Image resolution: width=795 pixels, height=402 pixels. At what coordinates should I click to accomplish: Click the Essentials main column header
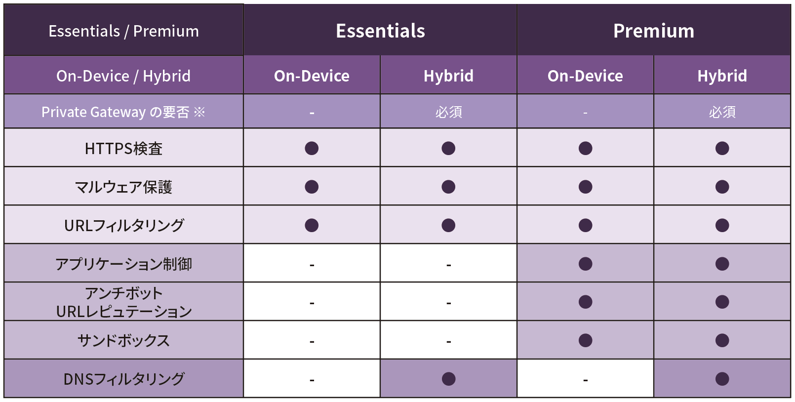click(x=380, y=31)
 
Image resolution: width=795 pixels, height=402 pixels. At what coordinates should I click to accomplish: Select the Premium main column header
click(x=654, y=31)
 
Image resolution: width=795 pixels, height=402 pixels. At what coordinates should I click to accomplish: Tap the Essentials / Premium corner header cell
click(x=123, y=31)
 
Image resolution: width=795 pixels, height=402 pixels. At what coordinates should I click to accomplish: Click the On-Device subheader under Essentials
click(x=312, y=76)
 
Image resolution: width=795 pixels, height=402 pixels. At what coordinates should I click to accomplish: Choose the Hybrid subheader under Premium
click(x=722, y=76)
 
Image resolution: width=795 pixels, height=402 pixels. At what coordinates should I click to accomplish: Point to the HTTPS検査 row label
click(x=123, y=148)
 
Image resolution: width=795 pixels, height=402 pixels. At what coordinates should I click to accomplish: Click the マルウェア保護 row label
click(x=123, y=187)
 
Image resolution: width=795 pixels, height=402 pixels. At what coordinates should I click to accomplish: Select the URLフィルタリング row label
click(x=123, y=225)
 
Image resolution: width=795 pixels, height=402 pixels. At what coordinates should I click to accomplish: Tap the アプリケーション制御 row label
click(x=123, y=264)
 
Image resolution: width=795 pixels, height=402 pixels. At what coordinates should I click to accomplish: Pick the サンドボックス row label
click(x=123, y=341)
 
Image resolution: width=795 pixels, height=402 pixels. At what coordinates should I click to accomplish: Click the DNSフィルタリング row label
click(x=123, y=379)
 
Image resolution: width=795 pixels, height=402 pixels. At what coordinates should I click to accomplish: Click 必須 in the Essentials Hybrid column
click(x=448, y=112)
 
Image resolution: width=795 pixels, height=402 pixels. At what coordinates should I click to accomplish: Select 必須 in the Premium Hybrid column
click(x=722, y=112)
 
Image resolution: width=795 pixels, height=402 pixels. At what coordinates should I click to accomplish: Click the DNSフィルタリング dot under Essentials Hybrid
click(x=448, y=379)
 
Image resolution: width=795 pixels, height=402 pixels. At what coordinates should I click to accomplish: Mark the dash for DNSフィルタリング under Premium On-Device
click(x=585, y=380)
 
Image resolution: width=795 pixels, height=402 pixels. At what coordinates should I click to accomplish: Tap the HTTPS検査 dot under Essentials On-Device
click(x=312, y=148)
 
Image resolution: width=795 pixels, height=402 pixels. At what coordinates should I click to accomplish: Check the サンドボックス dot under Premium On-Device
click(x=585, y=341)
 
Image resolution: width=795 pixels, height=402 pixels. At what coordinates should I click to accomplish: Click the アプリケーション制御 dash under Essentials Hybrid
click(x=448, y=265)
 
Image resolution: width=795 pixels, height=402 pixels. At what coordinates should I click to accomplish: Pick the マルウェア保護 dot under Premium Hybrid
click(x=722, y=187)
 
